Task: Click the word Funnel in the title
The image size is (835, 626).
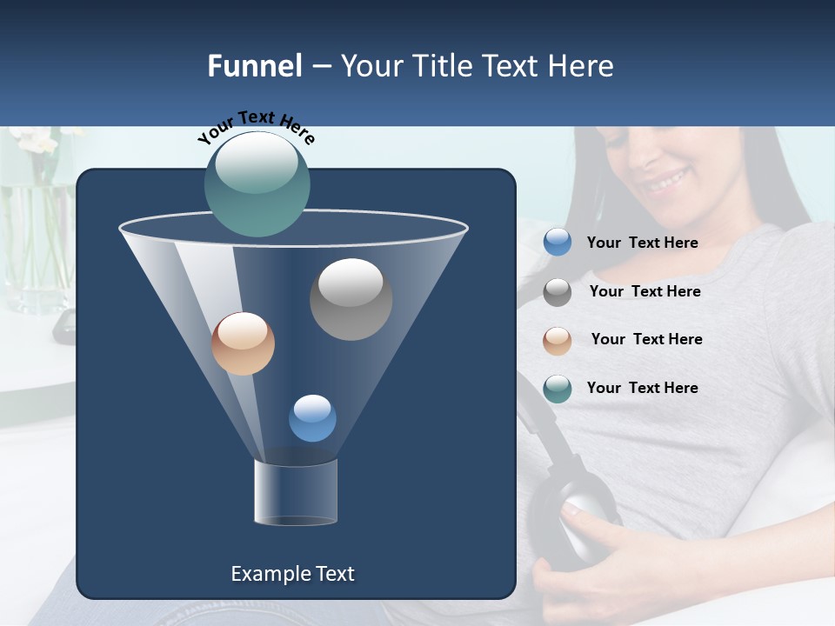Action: coord(254,66)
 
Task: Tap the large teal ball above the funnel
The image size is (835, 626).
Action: coord(257,183)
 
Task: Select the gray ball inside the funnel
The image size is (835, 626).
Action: coord(351,299)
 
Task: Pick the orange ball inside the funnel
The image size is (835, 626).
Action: coord(243,343)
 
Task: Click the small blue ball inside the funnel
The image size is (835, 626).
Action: coord(312,418)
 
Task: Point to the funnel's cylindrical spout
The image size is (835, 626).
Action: coord(296,492)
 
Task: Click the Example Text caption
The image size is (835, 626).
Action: coord(292,574)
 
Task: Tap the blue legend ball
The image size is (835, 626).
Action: coord(558,243)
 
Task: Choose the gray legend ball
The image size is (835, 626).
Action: coord(558,292)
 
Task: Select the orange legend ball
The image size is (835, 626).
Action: coord(558,341)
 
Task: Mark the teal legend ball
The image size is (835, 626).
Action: coord(558,389)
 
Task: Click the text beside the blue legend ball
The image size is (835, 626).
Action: coord(642,243)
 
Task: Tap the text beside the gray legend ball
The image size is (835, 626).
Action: coord(645,292)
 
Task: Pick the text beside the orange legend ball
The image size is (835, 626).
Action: coord(646,340)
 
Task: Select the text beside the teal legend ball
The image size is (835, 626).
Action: coord(642,389)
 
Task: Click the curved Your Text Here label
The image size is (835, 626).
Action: coord(257,126)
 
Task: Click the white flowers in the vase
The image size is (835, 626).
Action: coord(35,139)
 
